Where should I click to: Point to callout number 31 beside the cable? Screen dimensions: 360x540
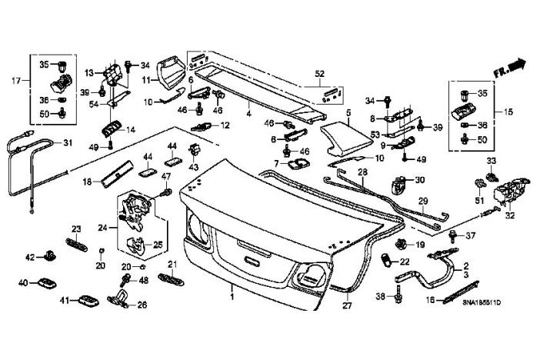[x=67, y=142]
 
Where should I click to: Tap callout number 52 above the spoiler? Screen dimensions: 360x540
[x=319, y=74]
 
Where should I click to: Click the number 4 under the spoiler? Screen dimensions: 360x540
[x=248, y=114]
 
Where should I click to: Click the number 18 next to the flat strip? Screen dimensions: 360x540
[x=87, y=182]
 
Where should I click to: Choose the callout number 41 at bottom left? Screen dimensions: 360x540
[x=65, y=300]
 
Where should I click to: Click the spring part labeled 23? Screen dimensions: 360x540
[x=76, y=244]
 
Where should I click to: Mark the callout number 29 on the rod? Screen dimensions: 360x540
[x=422, y=202]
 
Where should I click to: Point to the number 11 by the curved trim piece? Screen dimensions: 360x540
[x=144, y=79]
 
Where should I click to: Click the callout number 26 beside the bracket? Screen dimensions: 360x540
[x=142, y=305]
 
